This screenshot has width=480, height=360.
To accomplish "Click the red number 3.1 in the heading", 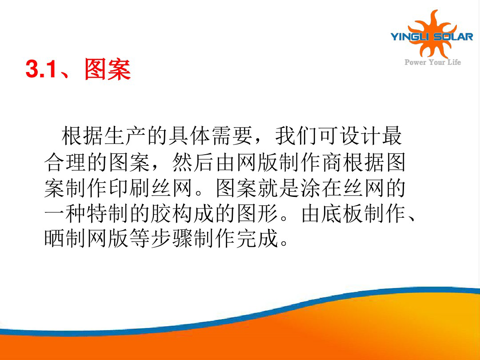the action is coord(41,69).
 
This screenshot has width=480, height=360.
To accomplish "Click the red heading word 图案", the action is coord(108,69).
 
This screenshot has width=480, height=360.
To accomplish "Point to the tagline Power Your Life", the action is coord(432,62).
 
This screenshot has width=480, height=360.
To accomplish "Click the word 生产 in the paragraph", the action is coord(125,136).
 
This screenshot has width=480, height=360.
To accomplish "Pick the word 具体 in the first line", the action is coord(189,136).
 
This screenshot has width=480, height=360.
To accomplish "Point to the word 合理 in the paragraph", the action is coord(65,162).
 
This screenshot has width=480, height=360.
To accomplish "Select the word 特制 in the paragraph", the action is coord(108,213).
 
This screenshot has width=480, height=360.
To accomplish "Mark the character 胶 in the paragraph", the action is coord(161,213).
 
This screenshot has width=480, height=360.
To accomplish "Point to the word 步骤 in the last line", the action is coord(172,239).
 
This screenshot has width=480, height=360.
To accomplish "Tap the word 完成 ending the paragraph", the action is coord(257,239).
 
